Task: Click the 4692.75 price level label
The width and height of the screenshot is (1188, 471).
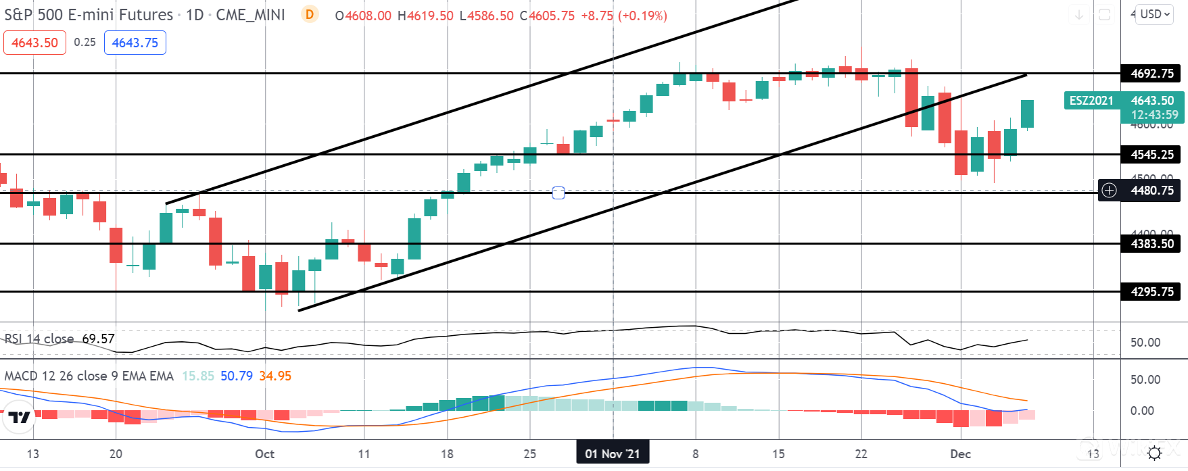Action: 1151,73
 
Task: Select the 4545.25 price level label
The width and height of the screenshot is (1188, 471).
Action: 1151,155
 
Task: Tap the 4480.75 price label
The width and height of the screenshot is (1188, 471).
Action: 1151,191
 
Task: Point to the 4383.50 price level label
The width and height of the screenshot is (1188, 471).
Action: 1151,244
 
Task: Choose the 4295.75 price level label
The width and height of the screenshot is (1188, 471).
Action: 1151,292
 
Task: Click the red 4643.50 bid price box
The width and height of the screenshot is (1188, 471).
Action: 34,43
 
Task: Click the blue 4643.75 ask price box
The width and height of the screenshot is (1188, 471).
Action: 135,43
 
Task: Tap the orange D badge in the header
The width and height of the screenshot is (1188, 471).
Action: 310,14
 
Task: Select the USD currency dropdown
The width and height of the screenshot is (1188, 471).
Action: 1154,14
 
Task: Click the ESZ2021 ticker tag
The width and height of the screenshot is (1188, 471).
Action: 1091,101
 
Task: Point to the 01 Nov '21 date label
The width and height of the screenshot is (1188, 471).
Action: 612,453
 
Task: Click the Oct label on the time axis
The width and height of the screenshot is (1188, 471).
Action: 264,454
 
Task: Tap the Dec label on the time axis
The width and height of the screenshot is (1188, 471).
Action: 960,454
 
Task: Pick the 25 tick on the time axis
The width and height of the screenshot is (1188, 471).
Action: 529,454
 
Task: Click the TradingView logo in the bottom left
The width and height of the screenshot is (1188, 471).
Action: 19,418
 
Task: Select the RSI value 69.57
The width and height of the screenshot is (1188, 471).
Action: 98,339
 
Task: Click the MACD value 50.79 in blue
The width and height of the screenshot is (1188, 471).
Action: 237,376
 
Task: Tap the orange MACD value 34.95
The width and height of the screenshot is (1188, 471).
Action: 275,376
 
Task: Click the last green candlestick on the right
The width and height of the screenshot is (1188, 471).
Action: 1027,114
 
